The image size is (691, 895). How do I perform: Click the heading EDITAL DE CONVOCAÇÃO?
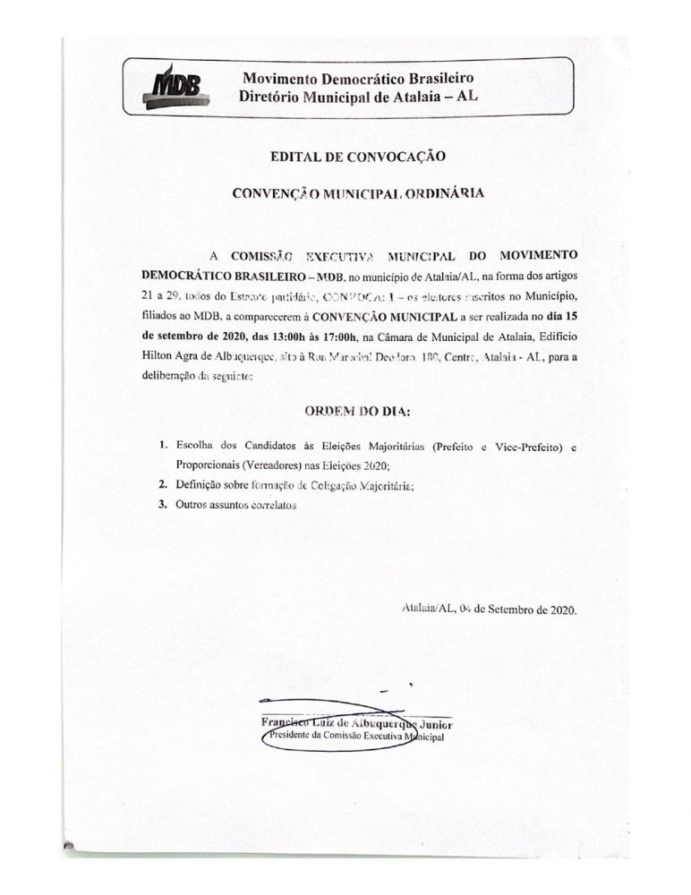[x=358, y=157]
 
